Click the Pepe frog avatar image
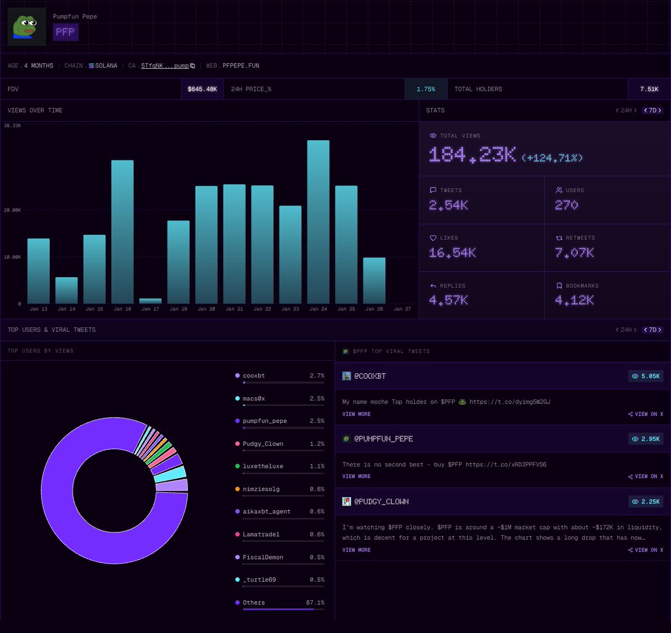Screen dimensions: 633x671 [x=26, y=26]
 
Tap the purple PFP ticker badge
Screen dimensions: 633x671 [x=65, y=32]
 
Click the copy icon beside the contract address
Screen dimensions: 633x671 [x=193, y=66]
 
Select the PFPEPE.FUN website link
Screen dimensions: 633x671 [x=240, y=66]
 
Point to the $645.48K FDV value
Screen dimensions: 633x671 [x=202, y=89]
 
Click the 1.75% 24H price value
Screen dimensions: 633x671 [x=426, y=89]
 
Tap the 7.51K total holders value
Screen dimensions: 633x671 [x=649, y=89]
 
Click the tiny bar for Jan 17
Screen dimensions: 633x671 [x=150, y=301]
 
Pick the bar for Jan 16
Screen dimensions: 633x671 [x=122, y=232]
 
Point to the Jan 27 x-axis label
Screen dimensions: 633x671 [x=402, y=309]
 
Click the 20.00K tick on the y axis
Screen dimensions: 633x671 [x=12, y=210]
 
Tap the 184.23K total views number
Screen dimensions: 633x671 [x=472, y=155]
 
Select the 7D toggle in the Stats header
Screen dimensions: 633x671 [x=653, y=111]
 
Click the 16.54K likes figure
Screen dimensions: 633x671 [x=452, y=253]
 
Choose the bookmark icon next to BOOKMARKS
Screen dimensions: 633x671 [x=559, y=285]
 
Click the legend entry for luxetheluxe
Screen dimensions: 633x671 [x=263, y=467]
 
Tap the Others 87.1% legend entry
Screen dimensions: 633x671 [x=280, y=603]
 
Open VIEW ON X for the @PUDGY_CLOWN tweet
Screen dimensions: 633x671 [x=645, y=550]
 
